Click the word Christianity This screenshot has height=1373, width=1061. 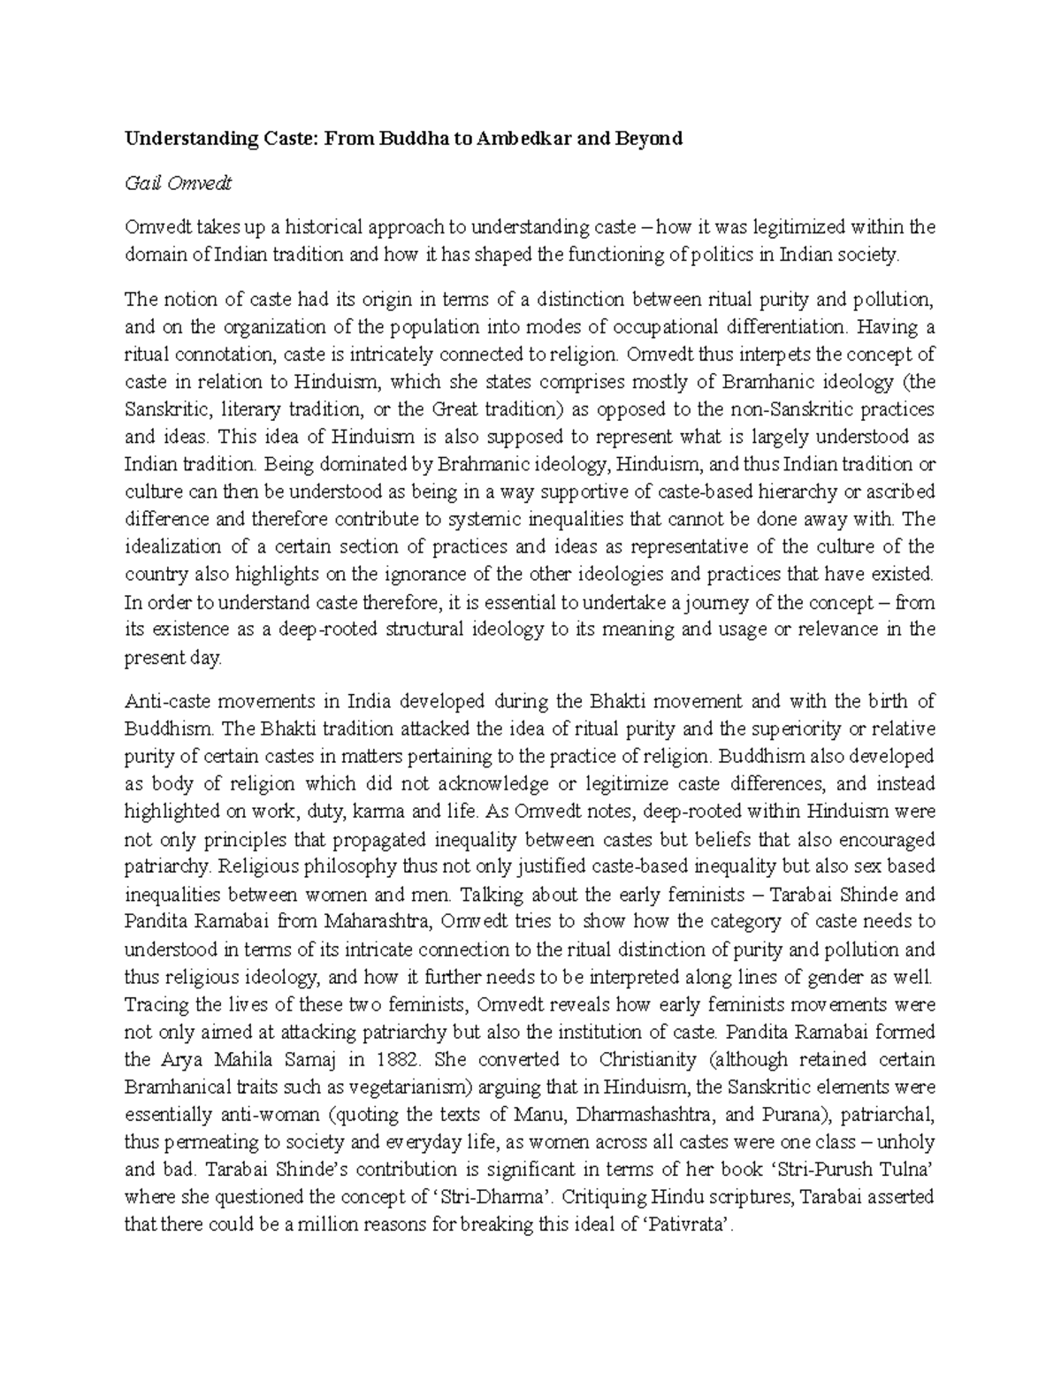click(658, 1059)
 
